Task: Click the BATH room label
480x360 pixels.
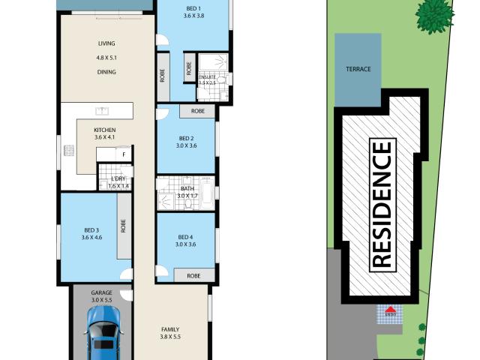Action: (x=185, y=188)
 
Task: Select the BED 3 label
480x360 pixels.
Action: (x=91, y=230)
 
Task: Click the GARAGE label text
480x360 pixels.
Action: (x=101, y=292)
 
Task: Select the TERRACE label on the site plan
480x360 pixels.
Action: (x=358, y=69)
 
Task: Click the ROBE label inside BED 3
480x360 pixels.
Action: (x=121, y=226)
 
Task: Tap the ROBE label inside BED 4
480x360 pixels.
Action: (x=192, y=275)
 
